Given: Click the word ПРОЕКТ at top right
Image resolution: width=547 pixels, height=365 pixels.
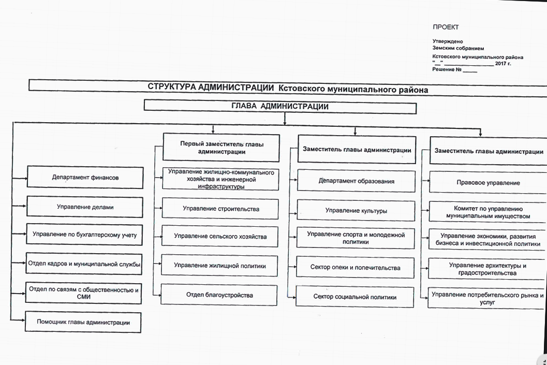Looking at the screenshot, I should (446, 27).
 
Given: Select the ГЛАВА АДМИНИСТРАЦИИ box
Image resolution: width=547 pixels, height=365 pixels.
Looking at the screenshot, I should (280, 107).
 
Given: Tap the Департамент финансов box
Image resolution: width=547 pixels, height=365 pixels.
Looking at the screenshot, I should (85, 177).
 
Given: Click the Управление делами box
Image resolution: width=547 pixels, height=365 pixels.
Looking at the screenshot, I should (85, 207).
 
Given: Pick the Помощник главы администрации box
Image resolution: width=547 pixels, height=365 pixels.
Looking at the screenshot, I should (83, 323).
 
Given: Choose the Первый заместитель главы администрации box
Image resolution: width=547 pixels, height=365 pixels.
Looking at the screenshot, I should (221, 148).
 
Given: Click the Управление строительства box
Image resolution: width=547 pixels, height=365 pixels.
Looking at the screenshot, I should (221, 209).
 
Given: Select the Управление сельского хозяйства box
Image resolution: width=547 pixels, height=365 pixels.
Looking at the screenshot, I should (220, 237).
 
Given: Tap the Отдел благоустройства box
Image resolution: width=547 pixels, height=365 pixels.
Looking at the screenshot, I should (220, 295).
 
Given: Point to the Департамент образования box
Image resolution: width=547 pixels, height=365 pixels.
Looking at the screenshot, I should (356, 181).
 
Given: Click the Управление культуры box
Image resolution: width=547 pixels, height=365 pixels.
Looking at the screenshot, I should (356, 211).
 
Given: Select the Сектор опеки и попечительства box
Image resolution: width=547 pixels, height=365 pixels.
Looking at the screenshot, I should (355, 268).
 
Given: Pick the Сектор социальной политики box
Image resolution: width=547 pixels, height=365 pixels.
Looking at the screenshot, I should (354, 297).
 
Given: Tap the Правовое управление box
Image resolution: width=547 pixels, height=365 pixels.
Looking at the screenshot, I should (488, 183).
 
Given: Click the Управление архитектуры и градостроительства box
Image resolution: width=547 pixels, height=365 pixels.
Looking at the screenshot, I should (487, 269).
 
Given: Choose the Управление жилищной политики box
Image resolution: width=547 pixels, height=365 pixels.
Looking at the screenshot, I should (220, 266).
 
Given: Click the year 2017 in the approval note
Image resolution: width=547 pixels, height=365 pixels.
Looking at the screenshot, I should (501, 63).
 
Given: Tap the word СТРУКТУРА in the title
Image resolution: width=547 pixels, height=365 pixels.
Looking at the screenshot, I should (173, 87).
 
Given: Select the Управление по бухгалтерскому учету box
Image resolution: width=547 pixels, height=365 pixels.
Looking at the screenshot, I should (84, 235).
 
